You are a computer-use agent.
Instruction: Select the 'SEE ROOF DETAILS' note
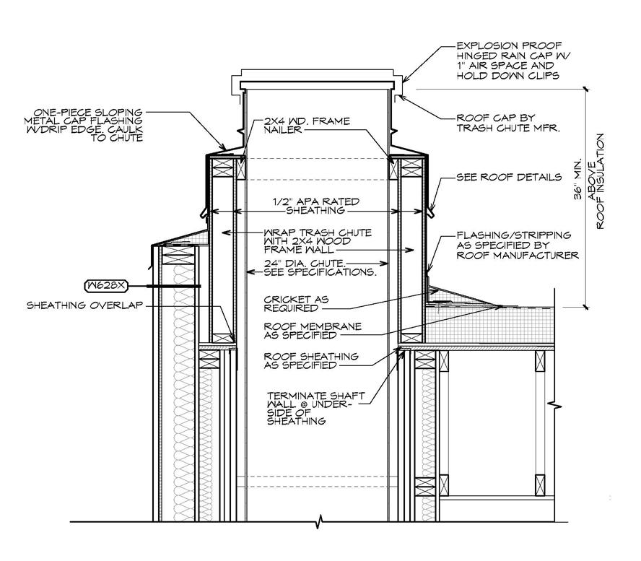click(x=509, y=177)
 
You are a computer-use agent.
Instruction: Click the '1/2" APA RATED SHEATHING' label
click(x=318, y=206)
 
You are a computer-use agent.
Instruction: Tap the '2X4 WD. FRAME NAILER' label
click(x=318, y=128)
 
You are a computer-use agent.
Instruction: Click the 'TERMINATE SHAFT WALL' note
click(x=314, y=408)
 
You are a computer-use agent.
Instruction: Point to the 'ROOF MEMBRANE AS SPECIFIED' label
click(x=312, y=331)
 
